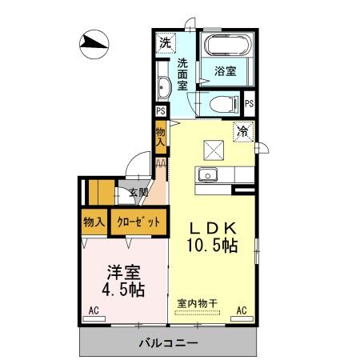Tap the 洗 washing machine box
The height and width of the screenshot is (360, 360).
[x=164, y=42]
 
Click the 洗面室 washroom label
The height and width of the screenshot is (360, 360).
[x=182, y=74]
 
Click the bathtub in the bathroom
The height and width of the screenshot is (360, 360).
[x=225, y=45]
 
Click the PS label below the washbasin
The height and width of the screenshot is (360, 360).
[x=160, y=112]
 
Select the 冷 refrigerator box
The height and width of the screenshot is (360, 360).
[x=241, y=131]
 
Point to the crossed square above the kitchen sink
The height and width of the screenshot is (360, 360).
[x=213, y=150]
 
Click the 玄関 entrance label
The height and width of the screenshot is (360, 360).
[x=138, y=192]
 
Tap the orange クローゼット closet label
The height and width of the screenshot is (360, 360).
[x=139, y=222]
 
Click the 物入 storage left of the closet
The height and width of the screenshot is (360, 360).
[x=94, y=222]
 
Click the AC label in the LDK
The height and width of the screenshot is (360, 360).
[x=240, y=310]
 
